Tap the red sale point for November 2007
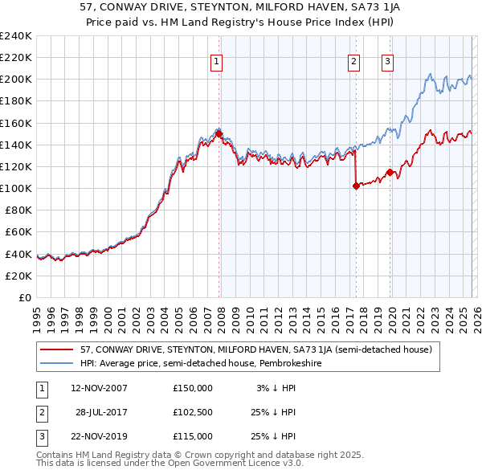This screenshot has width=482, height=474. (x=219, y=134)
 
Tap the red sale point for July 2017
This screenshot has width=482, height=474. (x=356, y=186)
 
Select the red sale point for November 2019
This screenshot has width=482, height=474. (x=390, y=172)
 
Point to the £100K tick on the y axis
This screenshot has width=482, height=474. (x=16, y=188)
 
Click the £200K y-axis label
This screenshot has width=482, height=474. (x=16, y=80)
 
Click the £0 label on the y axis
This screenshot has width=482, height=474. (x=24, y=297)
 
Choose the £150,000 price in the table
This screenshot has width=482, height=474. (x=193, y=388)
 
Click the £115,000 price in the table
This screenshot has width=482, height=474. (x=193, y=436)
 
